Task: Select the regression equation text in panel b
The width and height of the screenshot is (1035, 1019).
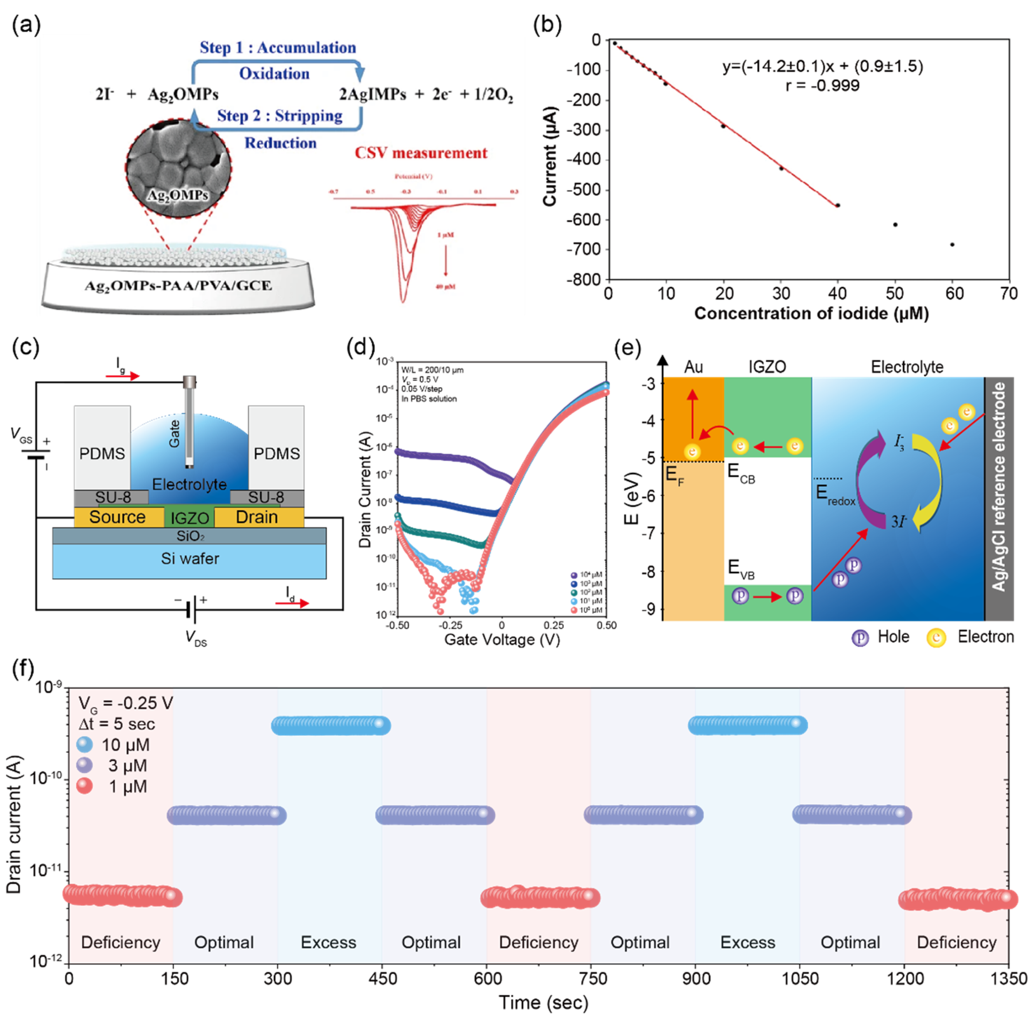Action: [822, 66]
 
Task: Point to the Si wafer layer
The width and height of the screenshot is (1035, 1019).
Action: [190, 559]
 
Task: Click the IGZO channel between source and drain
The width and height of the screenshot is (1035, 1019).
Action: [190, 518]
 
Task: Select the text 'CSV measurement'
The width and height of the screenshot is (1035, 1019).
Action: [421, 153]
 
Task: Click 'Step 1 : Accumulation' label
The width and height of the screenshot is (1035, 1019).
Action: [278, 48]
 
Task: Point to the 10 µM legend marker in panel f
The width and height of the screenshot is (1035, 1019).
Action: [84, 745]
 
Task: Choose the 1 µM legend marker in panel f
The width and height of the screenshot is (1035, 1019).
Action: [84, 786]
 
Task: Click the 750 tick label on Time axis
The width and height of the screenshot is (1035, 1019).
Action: [593, 979]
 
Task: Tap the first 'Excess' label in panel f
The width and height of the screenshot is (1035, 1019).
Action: [328, 942]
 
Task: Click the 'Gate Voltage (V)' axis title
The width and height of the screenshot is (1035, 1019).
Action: [502, 639]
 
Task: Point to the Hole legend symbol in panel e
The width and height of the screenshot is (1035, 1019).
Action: [859, 637]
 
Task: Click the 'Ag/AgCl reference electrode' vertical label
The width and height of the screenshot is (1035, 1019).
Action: [999, 487]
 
